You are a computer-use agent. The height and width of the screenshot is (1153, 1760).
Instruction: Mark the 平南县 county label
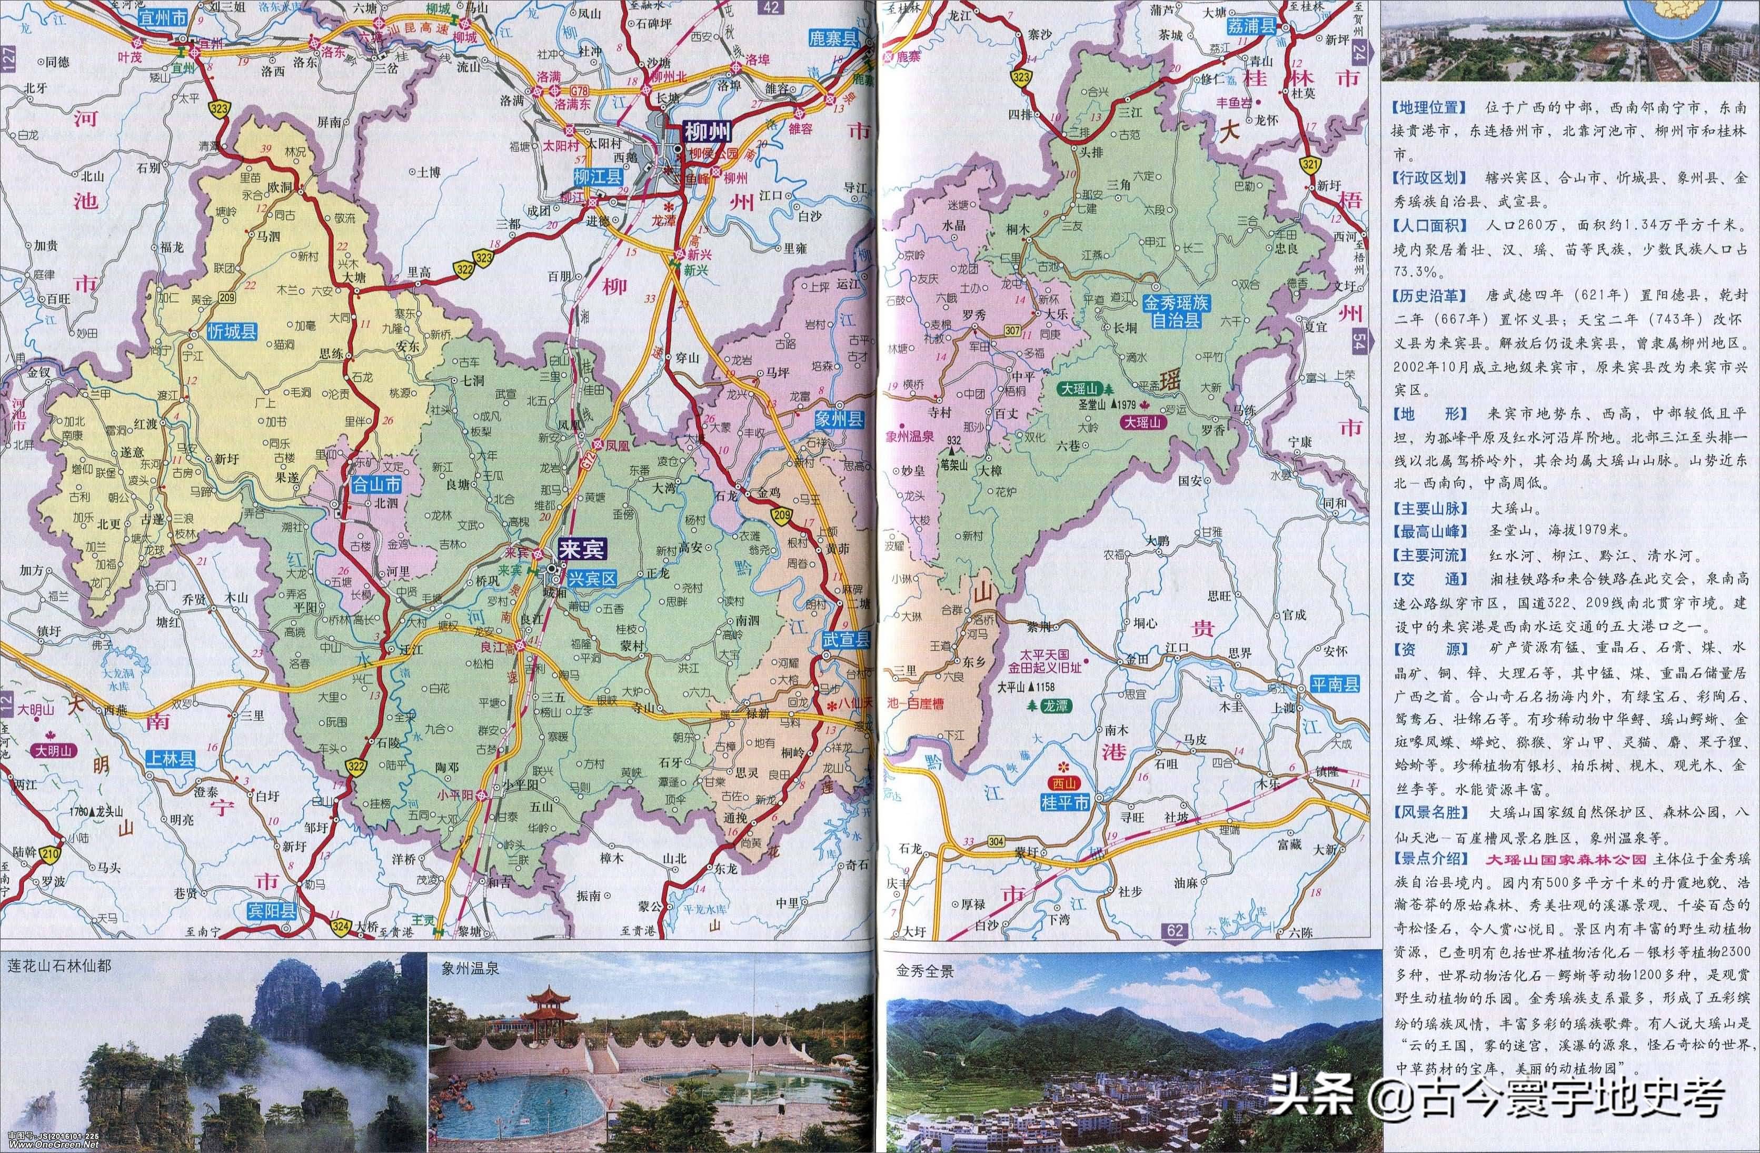point(1335,683)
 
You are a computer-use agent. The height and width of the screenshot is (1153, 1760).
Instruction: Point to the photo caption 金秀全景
point(924,971)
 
